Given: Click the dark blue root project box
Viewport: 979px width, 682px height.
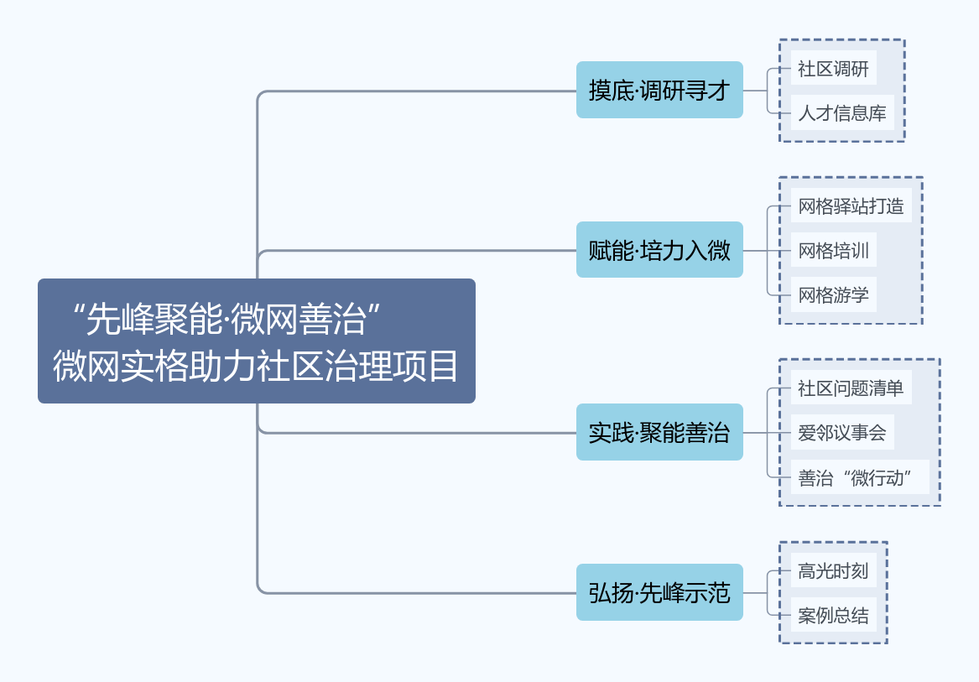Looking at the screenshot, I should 256,341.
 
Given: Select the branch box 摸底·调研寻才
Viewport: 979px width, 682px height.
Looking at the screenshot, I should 659,90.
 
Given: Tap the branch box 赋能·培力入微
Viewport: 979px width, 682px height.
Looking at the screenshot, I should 659,250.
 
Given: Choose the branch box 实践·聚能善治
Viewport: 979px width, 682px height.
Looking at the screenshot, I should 659,432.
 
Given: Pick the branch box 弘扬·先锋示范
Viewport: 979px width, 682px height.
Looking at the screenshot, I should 659,592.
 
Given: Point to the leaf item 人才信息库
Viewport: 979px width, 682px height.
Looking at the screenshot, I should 841,112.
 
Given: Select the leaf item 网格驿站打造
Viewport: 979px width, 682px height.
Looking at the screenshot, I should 851,206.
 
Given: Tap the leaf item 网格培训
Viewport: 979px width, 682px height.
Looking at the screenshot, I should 833,250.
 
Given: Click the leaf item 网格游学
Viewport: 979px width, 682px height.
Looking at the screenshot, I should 833,294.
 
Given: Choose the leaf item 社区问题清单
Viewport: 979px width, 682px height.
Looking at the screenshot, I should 851,388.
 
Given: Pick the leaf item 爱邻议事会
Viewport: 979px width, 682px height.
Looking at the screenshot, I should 841,432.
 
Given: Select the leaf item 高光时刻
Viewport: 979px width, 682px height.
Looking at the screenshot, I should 833,570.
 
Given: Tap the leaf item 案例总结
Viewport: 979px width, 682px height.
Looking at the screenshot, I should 833,615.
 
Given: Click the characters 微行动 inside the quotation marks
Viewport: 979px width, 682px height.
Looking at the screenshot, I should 876,477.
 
